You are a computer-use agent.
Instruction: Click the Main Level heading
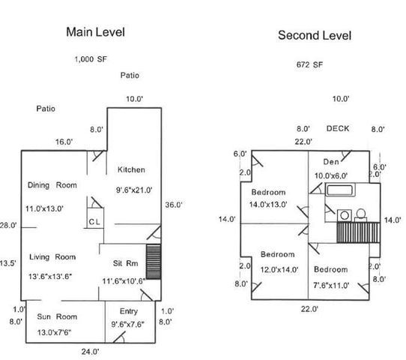click(96, 32)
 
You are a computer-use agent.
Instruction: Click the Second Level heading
click(315, 35)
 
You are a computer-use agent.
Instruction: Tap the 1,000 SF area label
click(91, 59)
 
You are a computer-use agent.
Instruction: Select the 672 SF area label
click(309, 64)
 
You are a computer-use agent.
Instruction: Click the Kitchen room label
click(131, 169)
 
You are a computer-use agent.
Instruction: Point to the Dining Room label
click(52, 185)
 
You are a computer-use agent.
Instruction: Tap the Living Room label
click(52, 257)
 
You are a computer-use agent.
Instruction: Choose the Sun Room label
click(57, 316)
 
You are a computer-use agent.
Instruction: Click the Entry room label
click(129, 311)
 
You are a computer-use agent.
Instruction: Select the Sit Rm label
click(126, 263)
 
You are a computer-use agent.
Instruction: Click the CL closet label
click(94, 222)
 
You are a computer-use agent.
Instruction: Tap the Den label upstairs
click(331, 162)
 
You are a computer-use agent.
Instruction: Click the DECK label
click(338, 128)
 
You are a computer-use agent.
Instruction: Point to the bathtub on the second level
click(340, 190)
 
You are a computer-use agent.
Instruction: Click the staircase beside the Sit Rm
click(154, 262)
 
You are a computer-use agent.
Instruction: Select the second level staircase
click(358, 232)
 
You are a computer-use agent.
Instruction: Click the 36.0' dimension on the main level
click(174, 205)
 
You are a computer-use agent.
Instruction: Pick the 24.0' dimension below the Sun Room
click(91, 352)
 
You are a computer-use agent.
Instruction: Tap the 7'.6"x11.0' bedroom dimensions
click(331, 286)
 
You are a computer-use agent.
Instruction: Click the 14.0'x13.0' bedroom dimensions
click(268, 205)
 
